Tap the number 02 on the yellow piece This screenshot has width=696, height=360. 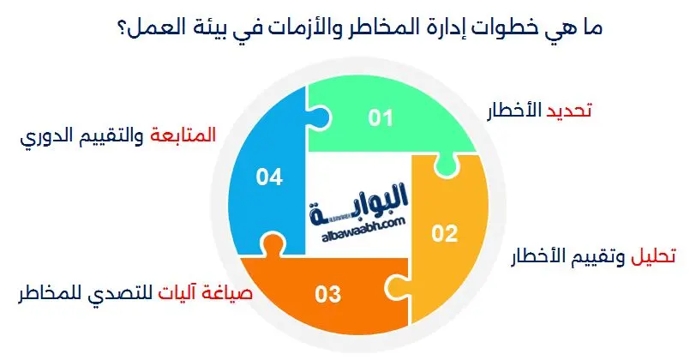tap(445, 233)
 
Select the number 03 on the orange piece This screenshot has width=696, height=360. tap(328, 296)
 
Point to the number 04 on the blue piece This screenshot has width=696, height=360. tap(269, 177)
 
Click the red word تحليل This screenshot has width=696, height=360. tap(654, 256)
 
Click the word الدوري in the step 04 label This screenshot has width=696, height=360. tap(45, 136)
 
